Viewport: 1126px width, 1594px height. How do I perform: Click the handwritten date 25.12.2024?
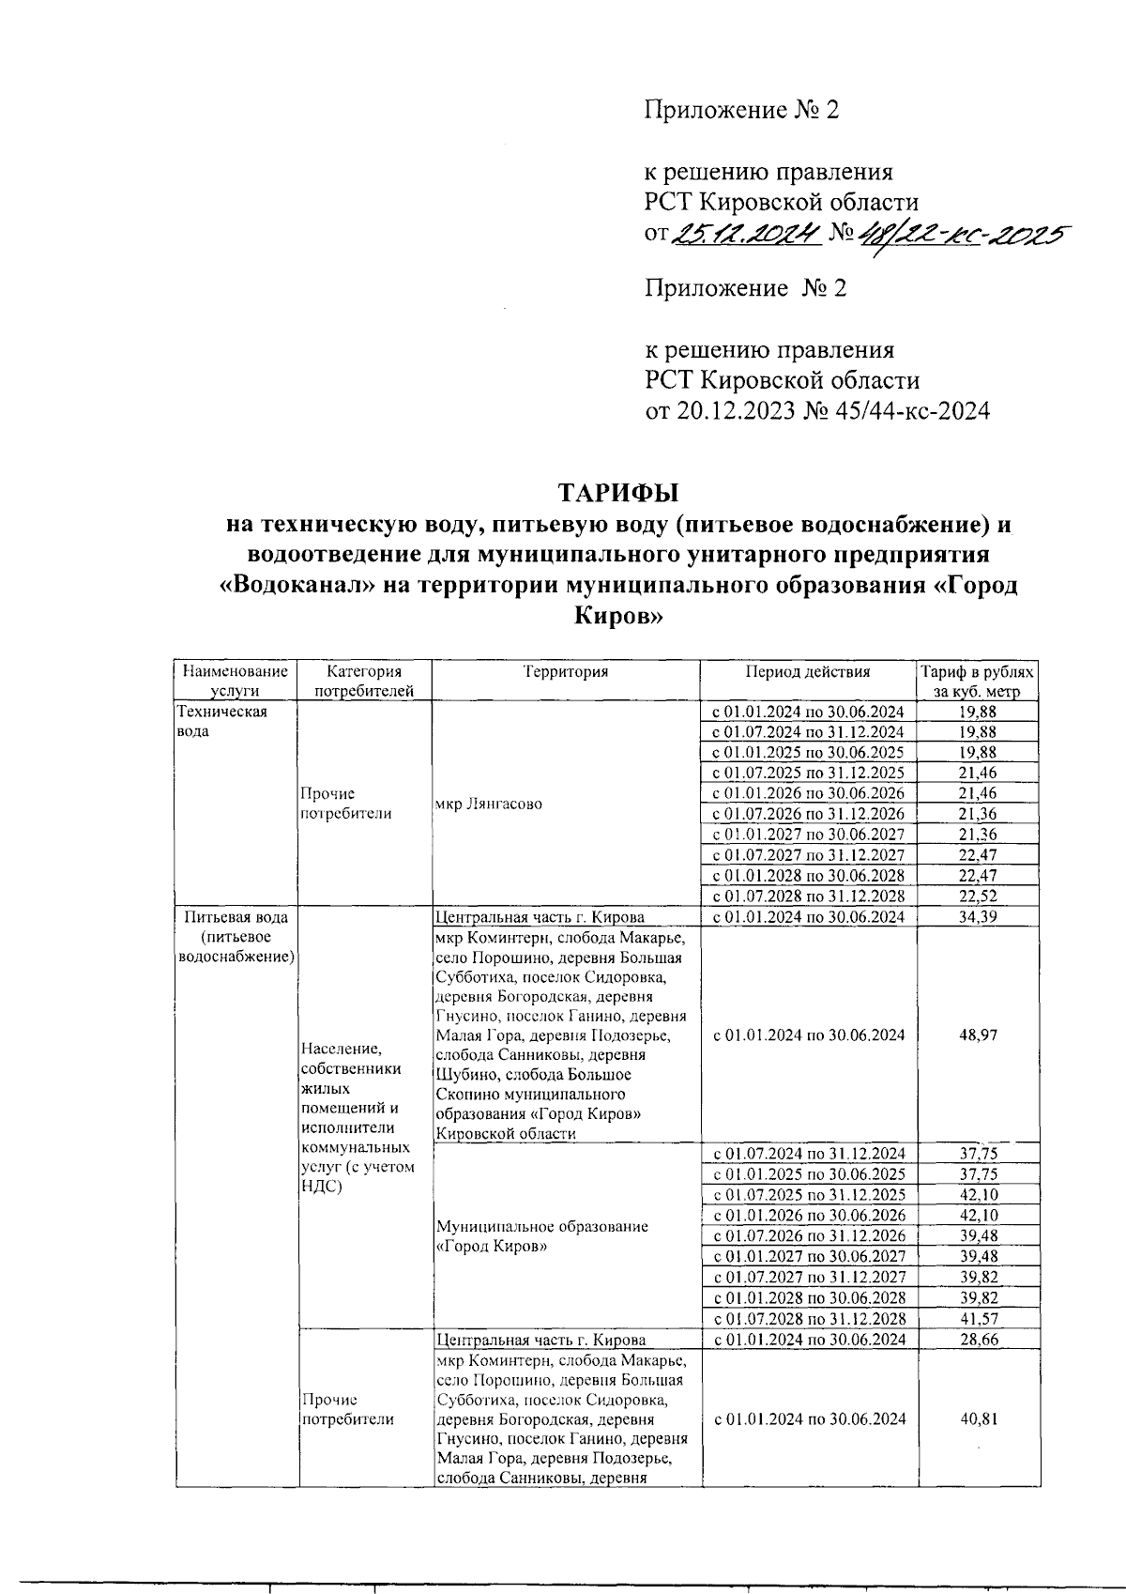[748, 232]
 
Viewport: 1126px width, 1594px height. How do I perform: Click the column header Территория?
[566, 671]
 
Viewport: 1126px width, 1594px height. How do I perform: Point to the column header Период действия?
[808, 671]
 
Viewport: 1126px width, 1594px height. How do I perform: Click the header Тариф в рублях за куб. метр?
[977, 682]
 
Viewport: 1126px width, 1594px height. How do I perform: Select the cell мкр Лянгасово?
[488, 805]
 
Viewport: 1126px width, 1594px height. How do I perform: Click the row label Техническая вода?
[209, 721]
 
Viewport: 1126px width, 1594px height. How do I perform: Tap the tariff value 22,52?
[978, 896]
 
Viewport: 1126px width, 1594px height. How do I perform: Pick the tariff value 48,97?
[978, 1035]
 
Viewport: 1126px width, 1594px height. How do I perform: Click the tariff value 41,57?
[978, 1318]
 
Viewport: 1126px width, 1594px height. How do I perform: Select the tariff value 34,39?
[978, 916]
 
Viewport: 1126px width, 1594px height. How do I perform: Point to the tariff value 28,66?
[978, 1339]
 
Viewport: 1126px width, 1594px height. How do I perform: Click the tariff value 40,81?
[978, 1418]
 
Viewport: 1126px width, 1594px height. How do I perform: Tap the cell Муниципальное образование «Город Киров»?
[542, 1236]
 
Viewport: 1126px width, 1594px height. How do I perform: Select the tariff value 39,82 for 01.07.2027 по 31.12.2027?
[978, 1277]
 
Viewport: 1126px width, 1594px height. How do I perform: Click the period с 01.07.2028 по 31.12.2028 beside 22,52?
[808, 896]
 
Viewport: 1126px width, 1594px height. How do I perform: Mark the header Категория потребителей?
[364, 682]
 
